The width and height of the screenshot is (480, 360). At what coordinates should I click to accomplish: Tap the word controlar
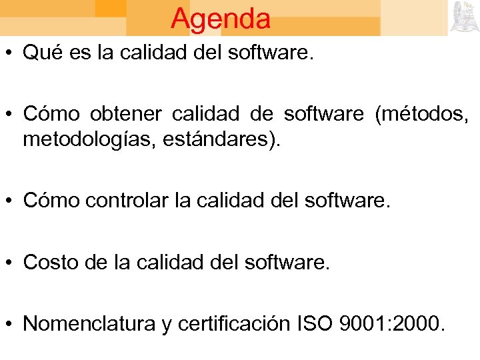tap(132, 200)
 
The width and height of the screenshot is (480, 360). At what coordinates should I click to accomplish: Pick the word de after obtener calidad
tap(258, 114)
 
